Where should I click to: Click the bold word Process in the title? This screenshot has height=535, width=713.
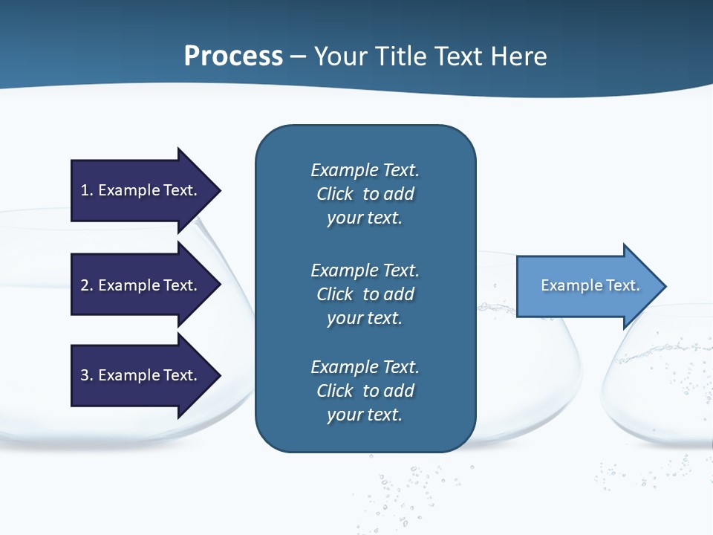click(x=233, y=56)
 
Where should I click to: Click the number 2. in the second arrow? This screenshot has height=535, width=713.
click(x=86, y=285)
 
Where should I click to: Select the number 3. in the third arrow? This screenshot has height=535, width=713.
click(x=86, y=375)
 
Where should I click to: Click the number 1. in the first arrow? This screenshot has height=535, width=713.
click(x=86, y=190)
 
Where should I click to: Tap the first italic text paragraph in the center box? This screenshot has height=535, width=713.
click(x=365, y=194)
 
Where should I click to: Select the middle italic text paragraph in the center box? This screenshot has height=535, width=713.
click(x=365, y=294)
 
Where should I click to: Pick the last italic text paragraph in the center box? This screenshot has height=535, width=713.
click(x=365, y=391)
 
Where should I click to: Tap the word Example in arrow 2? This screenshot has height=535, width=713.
click(x=124, y=285)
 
